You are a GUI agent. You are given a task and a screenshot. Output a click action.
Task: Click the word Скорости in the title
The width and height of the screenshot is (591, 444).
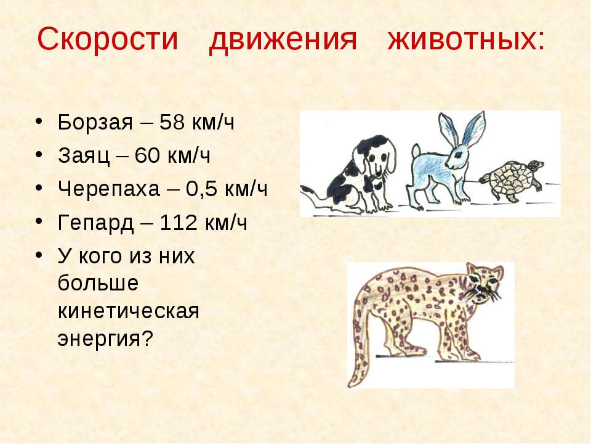[107, 38]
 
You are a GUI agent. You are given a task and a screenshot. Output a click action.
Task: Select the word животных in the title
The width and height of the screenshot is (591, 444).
[462, 38]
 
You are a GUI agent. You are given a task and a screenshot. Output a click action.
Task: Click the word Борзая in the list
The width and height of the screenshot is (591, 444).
[95, 122]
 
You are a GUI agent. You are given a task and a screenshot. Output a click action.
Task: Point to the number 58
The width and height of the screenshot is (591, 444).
[172, 122]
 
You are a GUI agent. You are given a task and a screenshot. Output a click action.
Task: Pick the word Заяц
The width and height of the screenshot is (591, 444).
[84, 155]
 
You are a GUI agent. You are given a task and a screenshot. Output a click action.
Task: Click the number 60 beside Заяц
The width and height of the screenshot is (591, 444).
[147, 155]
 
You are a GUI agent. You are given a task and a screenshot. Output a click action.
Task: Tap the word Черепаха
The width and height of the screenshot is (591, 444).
[108, 189]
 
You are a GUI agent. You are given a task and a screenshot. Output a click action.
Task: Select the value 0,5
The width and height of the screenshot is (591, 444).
[201, 189]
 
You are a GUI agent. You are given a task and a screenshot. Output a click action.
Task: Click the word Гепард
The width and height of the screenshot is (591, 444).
[96, 223]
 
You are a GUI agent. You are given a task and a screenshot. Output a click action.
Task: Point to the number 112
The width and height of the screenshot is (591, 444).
[179, 222]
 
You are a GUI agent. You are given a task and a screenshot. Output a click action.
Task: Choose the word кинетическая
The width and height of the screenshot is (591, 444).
[128, 311]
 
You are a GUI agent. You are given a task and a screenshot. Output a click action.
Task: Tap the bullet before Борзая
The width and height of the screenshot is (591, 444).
[39, 121]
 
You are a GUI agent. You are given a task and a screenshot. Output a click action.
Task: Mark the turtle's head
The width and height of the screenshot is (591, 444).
[535, 165]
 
